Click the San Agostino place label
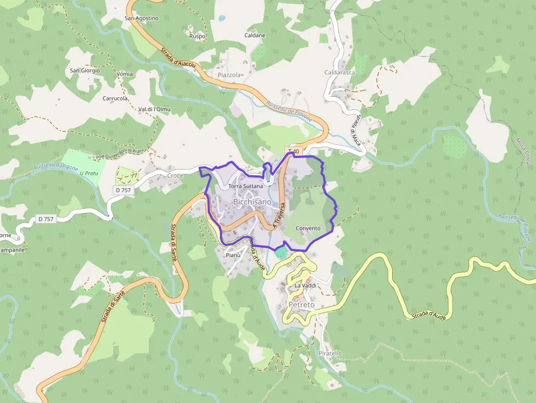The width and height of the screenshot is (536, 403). click(142, 18)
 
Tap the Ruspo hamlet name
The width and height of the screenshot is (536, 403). click(197, 36)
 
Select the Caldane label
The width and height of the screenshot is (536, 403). click(255, 35)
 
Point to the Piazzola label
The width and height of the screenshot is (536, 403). click(229, 74)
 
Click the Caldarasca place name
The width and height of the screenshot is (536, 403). click(340, 72)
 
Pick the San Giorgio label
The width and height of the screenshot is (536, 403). click(85, 70)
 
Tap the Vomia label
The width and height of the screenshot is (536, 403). click(125, 74)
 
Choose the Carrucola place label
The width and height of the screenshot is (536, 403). click(115, 98)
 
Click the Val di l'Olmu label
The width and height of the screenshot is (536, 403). click(154, 109)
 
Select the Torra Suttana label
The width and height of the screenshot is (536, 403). click(246, 186)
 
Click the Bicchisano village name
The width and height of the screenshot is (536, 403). click(252, 202)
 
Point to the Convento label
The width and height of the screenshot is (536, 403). click(308, 228)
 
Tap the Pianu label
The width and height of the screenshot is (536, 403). click(233, 255)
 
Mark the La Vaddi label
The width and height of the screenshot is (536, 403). click(305, 285)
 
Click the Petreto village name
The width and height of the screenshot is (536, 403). click(301, 304)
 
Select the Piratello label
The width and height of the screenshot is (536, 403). click(330, 353)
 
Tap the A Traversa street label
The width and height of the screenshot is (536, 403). click(279, 214)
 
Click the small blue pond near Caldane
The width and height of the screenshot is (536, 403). click(222, 18)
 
